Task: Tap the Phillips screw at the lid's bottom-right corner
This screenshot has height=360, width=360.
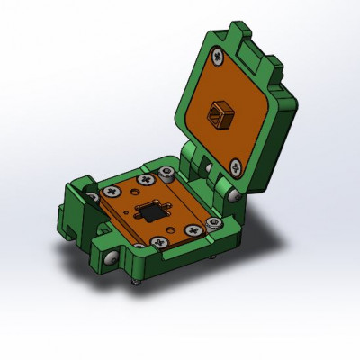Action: [234, 166]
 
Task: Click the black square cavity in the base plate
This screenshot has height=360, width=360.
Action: [150, 213]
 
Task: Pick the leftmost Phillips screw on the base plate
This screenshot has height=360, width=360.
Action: [112, 191]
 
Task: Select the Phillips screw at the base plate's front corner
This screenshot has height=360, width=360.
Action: [158, 242]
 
